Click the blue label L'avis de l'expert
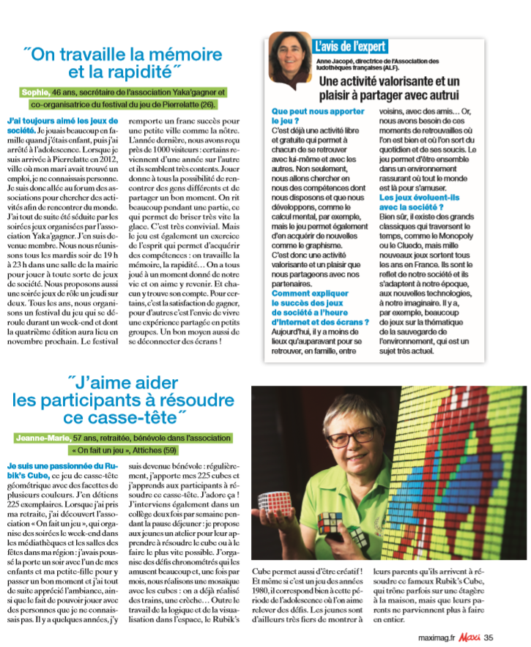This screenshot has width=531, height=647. pyautogui.click(x=350, y=46)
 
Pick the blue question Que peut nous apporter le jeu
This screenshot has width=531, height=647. pyautogui.click(x=318, y=117)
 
